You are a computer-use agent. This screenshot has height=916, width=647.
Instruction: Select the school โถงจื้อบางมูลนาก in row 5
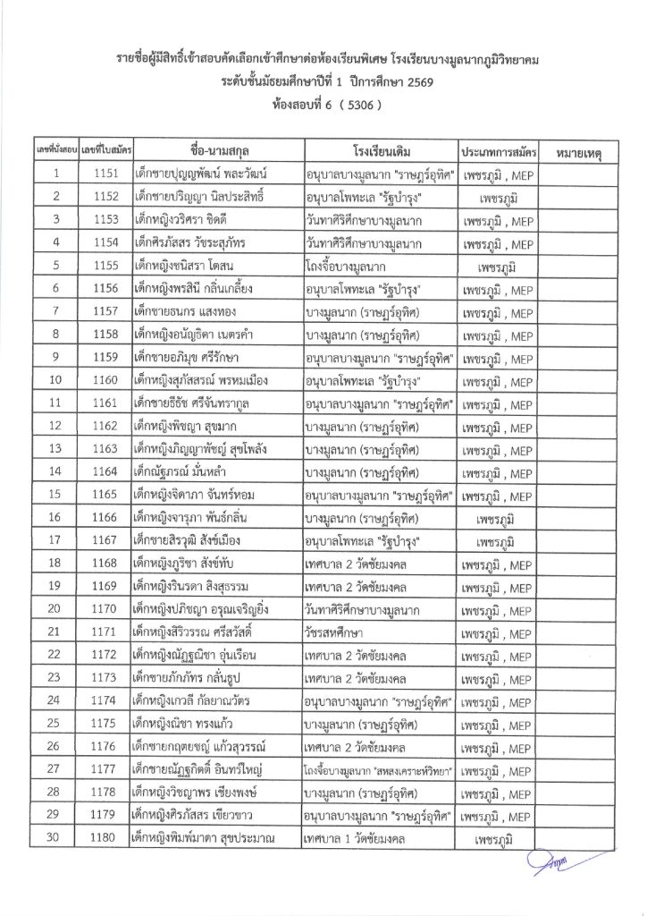click(x=356, y=266)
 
